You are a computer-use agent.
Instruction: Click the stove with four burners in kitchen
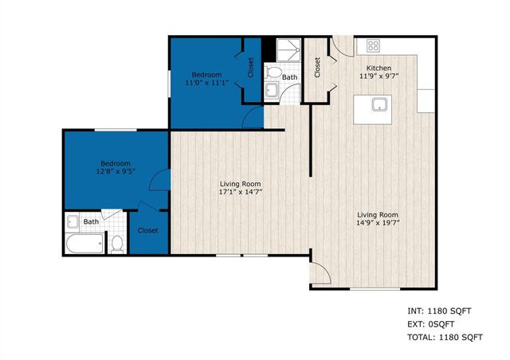pyautogui.click(x=371, y=45)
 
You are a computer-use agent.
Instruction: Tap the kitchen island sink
pyautogui.click(x=376, y=104)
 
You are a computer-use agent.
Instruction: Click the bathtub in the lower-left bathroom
pyautogui.click(x=83, y=244)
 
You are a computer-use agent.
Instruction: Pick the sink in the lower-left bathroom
pyautogui.click(x=73, y=221)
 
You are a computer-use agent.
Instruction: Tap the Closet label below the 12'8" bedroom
pyautogui.click(x=147, y=230)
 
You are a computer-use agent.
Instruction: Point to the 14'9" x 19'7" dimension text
pyautogui.click(x=378, y=225)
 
